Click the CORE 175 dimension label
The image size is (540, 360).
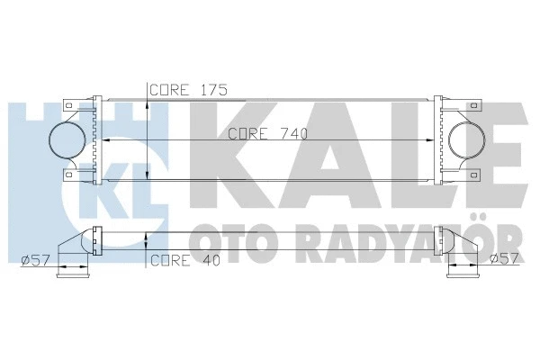tap(187, 90)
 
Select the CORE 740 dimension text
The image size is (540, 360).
tap(267, 135)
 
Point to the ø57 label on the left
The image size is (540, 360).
tap(34, 261)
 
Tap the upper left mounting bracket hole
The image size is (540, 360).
tap(68, 104)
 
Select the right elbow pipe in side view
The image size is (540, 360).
tap(461, 255)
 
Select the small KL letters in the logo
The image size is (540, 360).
tap(149, 170)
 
